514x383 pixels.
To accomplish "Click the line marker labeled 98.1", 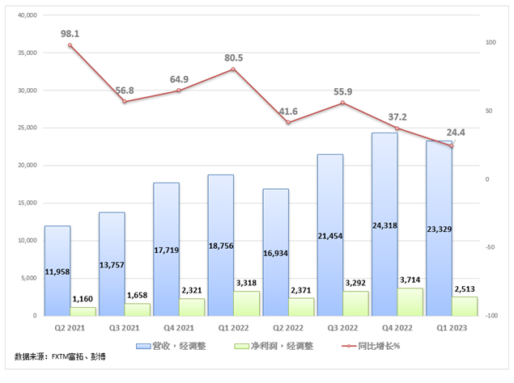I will (x=70, y=45).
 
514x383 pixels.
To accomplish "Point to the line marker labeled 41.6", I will (x=288, y=123).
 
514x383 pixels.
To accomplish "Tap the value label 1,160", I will (x=83, y=300).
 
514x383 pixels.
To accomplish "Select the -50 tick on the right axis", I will (x=490, y=247).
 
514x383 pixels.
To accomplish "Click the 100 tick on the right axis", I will (x=490, y=42).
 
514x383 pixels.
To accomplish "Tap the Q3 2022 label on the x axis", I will (x=342, y=328).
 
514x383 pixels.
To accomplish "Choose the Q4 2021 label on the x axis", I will (x=179, y=328).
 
